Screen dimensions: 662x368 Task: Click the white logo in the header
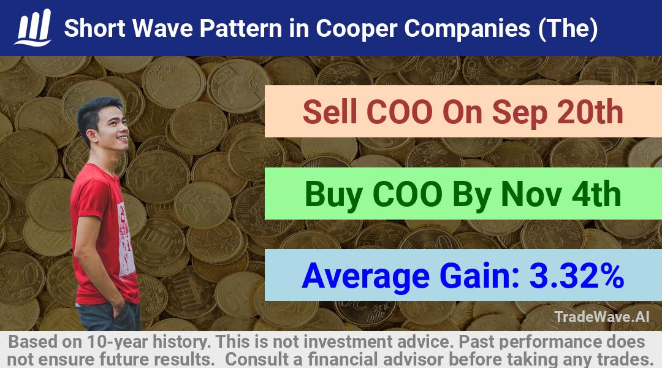coord(33,28)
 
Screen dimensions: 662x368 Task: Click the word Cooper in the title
coord(356,29)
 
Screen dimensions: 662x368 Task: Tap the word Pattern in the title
coord(241,28)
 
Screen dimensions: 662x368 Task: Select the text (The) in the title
coord(568,28)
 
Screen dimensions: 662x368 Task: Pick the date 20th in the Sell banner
coord(590,112)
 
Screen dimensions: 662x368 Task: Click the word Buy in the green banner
coord(333,195)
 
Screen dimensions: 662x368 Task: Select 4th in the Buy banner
coord(596,194)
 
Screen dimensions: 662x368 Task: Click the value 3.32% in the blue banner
coord(576,275)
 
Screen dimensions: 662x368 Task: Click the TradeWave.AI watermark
coord(602,316)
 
